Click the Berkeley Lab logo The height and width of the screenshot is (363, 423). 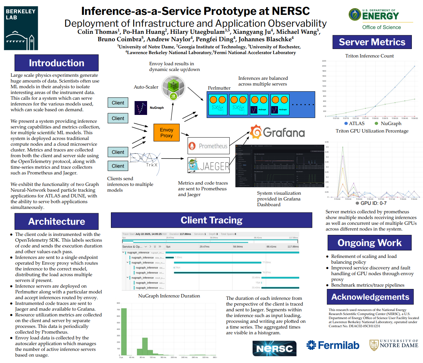click(x=21, y=28)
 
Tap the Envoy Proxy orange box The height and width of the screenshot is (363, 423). click(x=166, y=132)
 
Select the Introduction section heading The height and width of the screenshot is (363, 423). click(x=56, y=63)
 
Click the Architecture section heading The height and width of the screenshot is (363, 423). click(x=56, y=221)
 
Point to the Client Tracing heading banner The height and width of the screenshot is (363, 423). click(x=211, y=220)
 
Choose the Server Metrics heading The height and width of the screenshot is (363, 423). click(x=372, y=42)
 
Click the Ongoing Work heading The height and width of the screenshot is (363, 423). click(x=369, y=243)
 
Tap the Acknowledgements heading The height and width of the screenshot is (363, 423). click(x=370, y=297)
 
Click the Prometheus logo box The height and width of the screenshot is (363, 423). click(x=209, y=146)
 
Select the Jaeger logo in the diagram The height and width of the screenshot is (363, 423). click(x=209, y=166)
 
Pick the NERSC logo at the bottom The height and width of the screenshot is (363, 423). click(x=274, y=348)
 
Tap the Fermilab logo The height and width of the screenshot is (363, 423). click(x=333, y=345)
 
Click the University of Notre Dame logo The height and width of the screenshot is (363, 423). click(x=394, y=345)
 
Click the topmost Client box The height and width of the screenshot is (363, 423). click(x=118, y=103)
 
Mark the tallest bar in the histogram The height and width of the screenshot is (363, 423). click(x=124, y=331)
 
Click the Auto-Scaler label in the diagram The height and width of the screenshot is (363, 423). click(x=146, y=87)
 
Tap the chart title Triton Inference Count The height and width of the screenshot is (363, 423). click(x=369, y=56)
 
